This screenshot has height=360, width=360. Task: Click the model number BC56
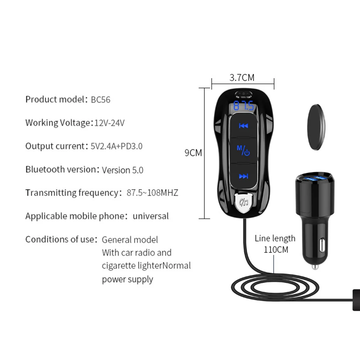tap(100, 100)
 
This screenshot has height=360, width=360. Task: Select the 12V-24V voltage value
tap(109, 123)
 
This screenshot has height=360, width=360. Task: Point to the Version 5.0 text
tap(122, 170)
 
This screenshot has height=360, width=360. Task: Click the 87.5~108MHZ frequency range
tap(152, 193)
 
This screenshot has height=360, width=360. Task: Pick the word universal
tap(150, 216)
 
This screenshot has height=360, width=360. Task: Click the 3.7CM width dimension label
tap(242, 77)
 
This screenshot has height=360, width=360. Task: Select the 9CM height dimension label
tap(193, 153)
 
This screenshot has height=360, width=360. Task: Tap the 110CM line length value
tap(276, 249)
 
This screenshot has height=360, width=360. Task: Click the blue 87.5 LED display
tap(244, 106)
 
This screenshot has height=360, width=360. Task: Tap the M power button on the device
tap(243, 150)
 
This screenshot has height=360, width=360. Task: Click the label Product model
tap(55, 100)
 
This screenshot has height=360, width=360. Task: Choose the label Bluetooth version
tap(60, 169)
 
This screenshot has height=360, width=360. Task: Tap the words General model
tap(130, 240)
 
